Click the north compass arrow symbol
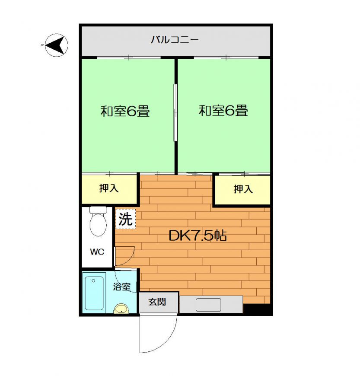click(56, 45)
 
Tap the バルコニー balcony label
click(175, 39)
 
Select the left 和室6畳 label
click(125, 111)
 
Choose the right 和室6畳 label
click(223, 111)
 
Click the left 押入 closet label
click(109, 188)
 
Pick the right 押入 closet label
click(243, 189)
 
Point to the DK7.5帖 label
click(198, 236)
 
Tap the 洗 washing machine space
click(125, 219)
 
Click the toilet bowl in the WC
click(98, 222)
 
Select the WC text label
click(97, 252)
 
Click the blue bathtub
click(94, 293)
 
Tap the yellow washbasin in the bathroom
click(121, 309)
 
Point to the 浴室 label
click(122, 287)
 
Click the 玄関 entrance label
click(157, 302)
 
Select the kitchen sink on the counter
click(208, 305)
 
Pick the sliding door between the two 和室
click(175, 113)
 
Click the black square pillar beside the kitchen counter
click(257, 309)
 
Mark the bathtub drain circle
click(93, 281)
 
